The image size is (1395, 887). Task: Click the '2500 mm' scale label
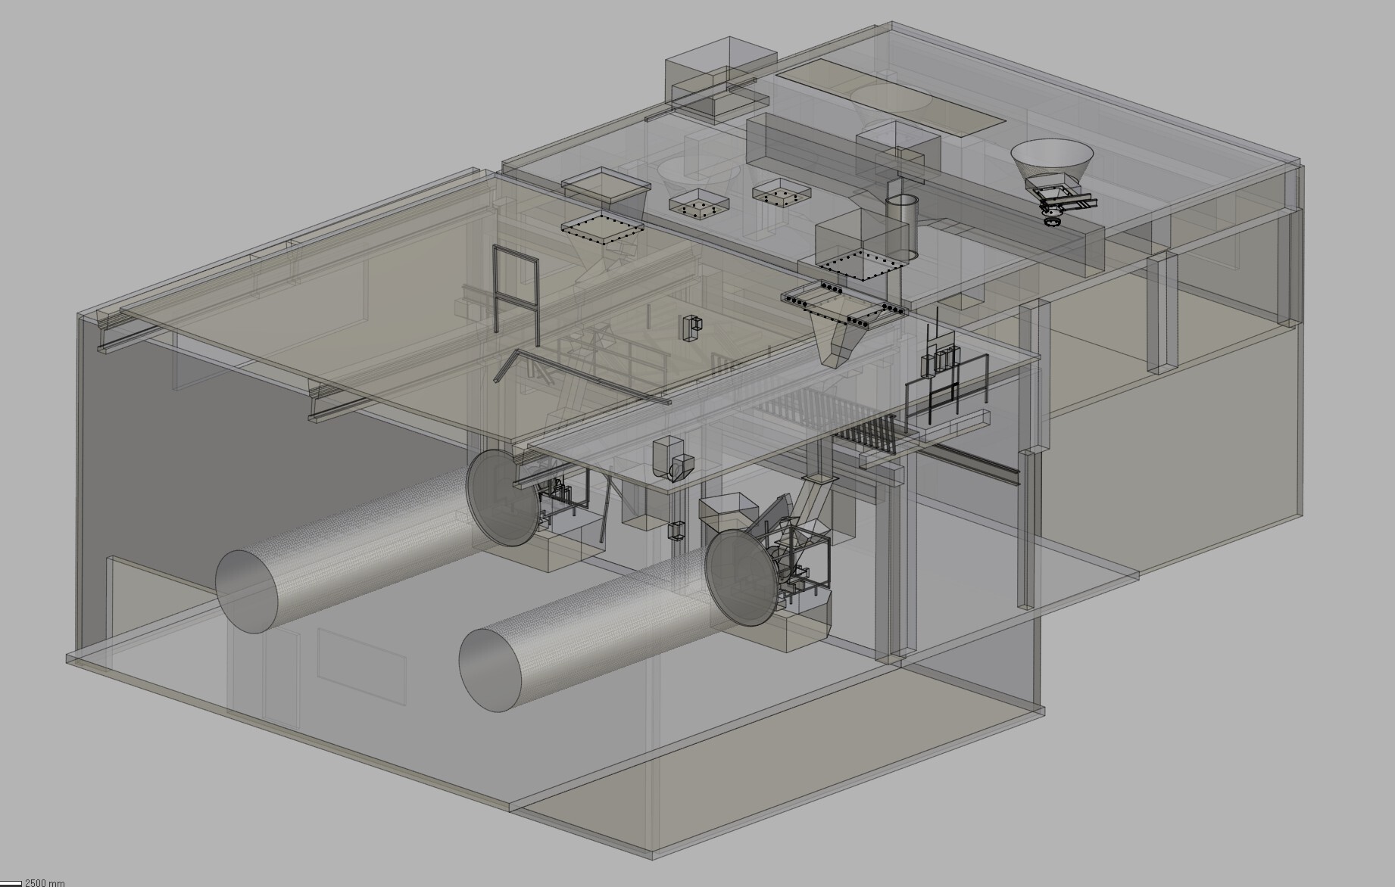click(x=45, y=882)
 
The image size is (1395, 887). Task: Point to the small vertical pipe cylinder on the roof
click(x=901, y=225)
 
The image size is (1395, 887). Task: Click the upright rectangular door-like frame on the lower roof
click(x=516, y=295)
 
